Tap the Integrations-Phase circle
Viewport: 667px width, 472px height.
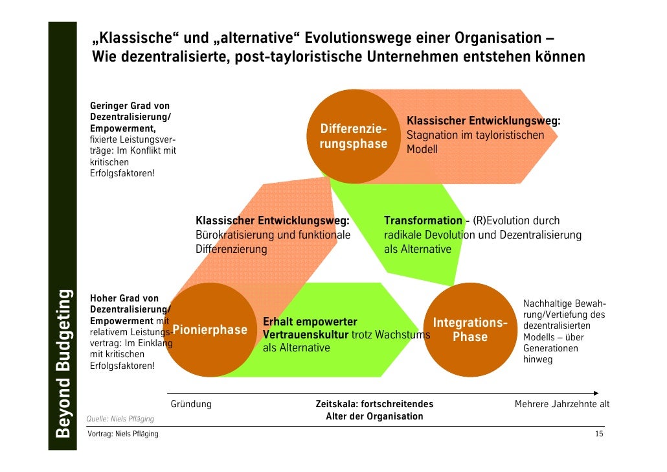click(470, 330)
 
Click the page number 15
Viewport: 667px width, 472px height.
click(599, 434)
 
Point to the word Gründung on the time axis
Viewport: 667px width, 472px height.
click(191, 405)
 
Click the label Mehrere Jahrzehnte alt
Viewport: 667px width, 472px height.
click(561, 405)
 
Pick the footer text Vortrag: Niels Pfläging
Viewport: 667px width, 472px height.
click(123, 434)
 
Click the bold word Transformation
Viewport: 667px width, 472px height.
click(423, 221)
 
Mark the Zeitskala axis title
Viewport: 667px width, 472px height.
click(374, 405)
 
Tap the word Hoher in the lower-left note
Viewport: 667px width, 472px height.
click(102, 299)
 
